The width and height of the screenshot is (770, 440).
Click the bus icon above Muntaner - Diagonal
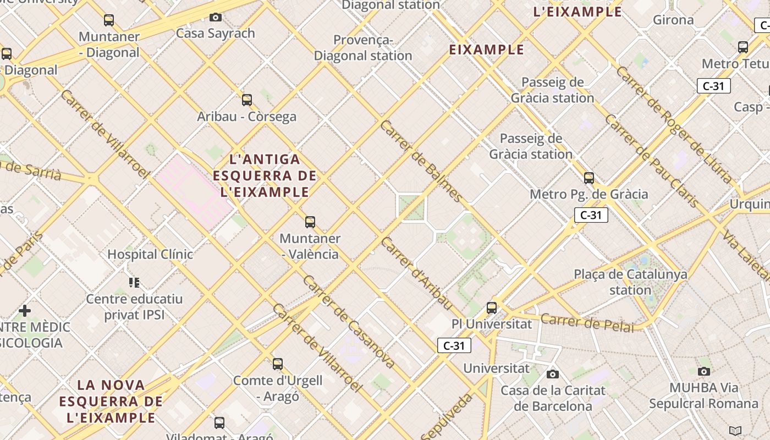pos(109,20)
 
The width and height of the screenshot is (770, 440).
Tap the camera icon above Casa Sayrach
pos(216,18)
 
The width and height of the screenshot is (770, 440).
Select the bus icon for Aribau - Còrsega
pos(247,100)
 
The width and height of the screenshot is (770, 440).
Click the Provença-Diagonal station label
pos(363,48)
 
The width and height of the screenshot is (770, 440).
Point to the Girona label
pos(673,20)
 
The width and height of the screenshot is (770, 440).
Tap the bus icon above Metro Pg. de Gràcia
pos(589,178)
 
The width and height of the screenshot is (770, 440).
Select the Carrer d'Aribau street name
pos(417,273)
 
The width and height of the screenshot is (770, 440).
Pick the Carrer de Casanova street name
pos(349,322)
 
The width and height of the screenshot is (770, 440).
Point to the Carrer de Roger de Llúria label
pos(674,124)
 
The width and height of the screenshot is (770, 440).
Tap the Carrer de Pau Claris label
pos(652,161)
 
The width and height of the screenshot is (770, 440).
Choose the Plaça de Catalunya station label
pos(630,282)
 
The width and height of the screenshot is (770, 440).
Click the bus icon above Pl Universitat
pos(492,308)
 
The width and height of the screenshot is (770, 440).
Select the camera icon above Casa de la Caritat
pos(553,375)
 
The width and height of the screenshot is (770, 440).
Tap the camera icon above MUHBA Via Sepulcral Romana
pos(703,371)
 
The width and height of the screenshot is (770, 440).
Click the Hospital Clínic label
pos(150,254)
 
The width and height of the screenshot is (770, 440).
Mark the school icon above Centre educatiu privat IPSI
pos(134,283)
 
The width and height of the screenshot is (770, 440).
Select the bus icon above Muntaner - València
pos(310,222)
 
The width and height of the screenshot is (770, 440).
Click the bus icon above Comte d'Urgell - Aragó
pos(278,364)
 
